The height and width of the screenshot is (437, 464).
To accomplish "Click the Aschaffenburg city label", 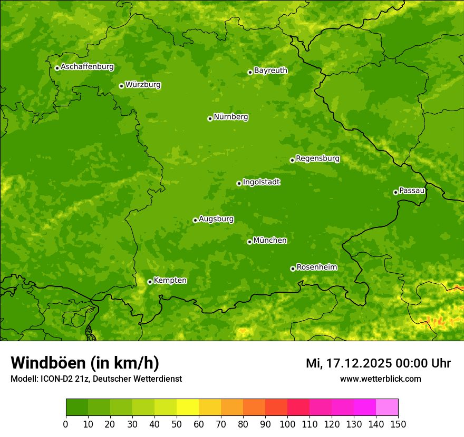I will tap(87, 67).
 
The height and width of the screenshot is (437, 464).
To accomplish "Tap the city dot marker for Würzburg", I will tap(121, 86).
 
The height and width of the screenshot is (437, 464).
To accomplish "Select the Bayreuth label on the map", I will tap(270, 70).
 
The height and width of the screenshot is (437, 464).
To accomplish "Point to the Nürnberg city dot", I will tap(210, 118).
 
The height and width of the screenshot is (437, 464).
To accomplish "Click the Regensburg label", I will tap(317, 158).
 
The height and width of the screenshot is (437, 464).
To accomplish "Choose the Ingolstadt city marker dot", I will tap(239, 183).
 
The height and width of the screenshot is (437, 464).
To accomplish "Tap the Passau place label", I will tap(412, 190).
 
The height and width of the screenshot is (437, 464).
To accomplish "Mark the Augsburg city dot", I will tap(195, 220).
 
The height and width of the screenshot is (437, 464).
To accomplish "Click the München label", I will tap(270, 240).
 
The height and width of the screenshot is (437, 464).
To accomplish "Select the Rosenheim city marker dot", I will tap(293, 269).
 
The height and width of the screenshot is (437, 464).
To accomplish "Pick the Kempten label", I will tap(170, 280).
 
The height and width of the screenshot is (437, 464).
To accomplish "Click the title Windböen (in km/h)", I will tap(85, 363).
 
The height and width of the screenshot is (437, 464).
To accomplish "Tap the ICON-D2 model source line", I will tap(96, 379).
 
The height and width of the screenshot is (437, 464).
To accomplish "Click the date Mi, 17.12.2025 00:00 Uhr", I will tap(378, 363).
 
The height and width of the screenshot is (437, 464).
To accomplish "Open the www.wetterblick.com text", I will tap(380, 379).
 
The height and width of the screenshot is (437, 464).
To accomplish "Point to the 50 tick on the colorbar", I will tap(177, 424).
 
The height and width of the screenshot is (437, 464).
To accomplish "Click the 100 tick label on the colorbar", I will tap(287, 424).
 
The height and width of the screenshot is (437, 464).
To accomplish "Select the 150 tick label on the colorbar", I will tap(398, 424).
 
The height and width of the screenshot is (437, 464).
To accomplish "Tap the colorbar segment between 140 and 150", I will tap(387, 408).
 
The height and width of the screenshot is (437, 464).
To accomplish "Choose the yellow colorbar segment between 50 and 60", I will tap(188, 408).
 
